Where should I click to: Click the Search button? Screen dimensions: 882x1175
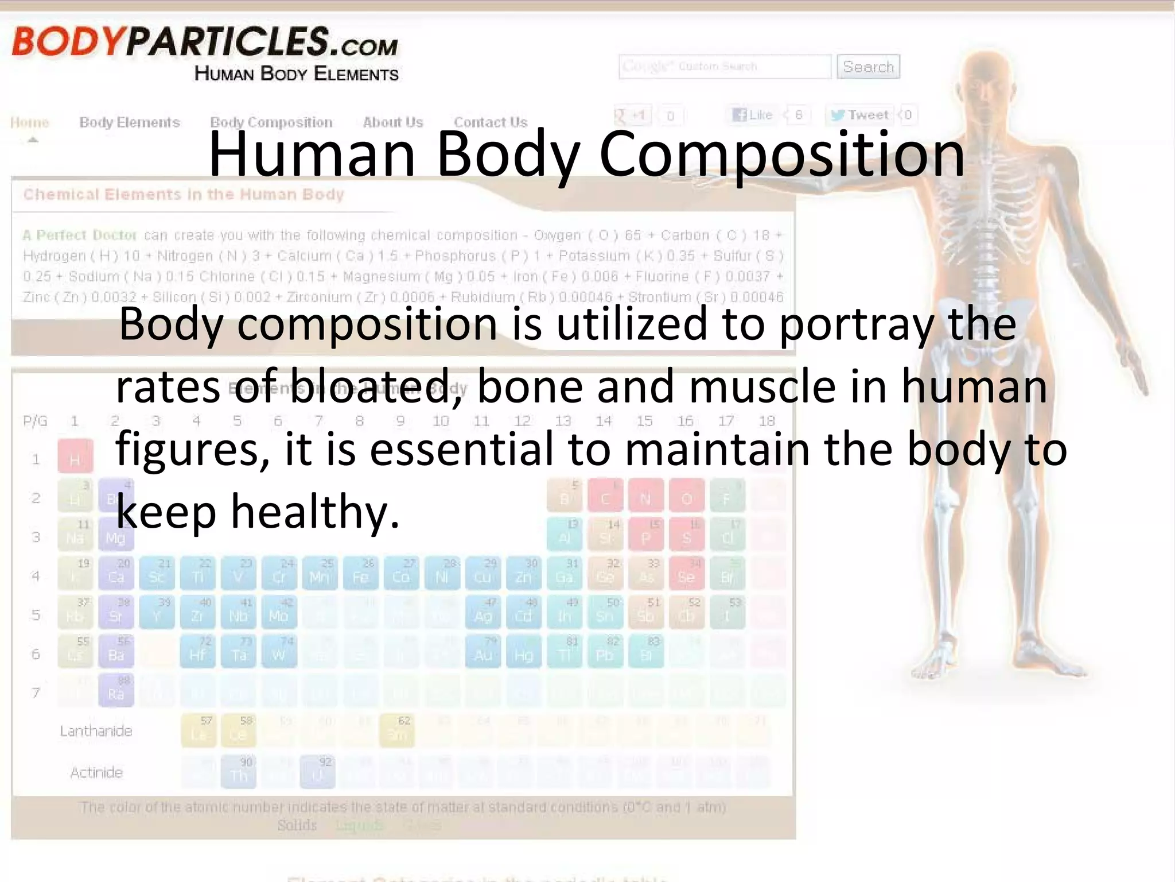867,67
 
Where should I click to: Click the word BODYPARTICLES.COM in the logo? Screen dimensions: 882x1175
204,42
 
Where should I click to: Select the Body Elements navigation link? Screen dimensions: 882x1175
130,122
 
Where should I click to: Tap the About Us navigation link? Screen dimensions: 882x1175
393,122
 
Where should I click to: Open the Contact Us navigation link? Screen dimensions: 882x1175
491,122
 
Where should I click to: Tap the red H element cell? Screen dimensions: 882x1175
75,457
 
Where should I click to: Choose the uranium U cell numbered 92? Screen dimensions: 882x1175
317,771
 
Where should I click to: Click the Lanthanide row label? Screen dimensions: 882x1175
96,731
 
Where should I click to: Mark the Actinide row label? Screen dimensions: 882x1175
96,772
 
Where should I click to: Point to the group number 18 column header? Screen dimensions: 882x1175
767,421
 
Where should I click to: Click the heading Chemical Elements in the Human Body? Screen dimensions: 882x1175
184,195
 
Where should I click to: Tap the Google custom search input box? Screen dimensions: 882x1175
725,67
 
